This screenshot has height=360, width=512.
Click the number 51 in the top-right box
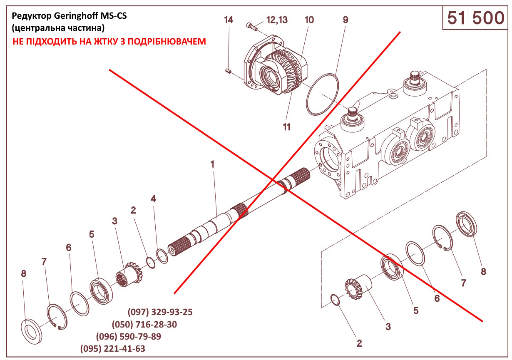[x=456, y=18]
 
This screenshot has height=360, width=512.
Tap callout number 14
[x=229, y=20]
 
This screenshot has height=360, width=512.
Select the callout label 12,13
[x=277, y=20]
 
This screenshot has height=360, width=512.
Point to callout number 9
[x=345, y=20]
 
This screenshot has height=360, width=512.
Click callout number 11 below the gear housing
[x=286, y=127]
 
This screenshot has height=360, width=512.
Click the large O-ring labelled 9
[x=322, y=94]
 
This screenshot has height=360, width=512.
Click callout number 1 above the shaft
[x=212, y=164]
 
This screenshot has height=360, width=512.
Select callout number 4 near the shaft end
[x=154, y=199]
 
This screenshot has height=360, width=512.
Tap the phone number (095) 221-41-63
[x=113, y=349]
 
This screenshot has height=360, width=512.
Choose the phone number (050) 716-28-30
[x=144, y=325]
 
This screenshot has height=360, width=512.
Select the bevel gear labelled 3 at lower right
[x=356, y=287]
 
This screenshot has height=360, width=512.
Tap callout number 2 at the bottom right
[x=359, y=343]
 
